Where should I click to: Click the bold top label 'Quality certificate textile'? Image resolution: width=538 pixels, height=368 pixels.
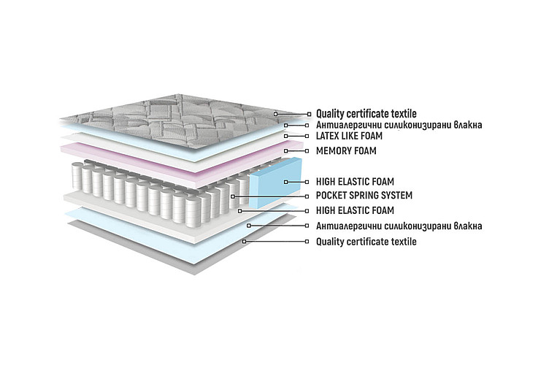(x=366, y=114)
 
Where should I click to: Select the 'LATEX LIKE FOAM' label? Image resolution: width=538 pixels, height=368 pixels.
(x=349, y=136)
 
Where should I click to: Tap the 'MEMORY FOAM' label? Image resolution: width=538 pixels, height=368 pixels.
(x=346, y=150)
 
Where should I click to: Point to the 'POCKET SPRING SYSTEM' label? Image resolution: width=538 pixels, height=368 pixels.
(x=364, y=196)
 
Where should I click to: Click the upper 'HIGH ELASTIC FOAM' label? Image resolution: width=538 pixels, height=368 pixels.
(x=355, y=182)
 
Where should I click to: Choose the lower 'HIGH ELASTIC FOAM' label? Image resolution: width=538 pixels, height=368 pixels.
(x=355, y=210)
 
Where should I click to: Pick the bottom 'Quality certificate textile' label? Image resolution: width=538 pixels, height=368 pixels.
(x=366, y=242)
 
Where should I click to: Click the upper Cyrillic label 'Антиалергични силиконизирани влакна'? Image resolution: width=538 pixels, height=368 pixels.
(x=399, y=125)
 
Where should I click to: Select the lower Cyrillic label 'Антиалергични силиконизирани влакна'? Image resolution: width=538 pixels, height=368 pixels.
(x=399, y=226)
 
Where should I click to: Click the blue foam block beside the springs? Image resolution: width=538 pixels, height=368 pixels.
(x=275, y=183)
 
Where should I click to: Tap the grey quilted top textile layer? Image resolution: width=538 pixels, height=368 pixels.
(x=172, y=123)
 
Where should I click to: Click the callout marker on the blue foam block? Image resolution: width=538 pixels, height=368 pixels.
(x=286, y=182)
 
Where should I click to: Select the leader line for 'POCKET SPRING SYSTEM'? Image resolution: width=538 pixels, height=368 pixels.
(x=270, y=196)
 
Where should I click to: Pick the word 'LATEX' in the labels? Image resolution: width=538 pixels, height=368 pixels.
(x=327, y=136)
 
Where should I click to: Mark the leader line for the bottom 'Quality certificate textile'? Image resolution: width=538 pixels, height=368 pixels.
(x=275, y=242)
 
